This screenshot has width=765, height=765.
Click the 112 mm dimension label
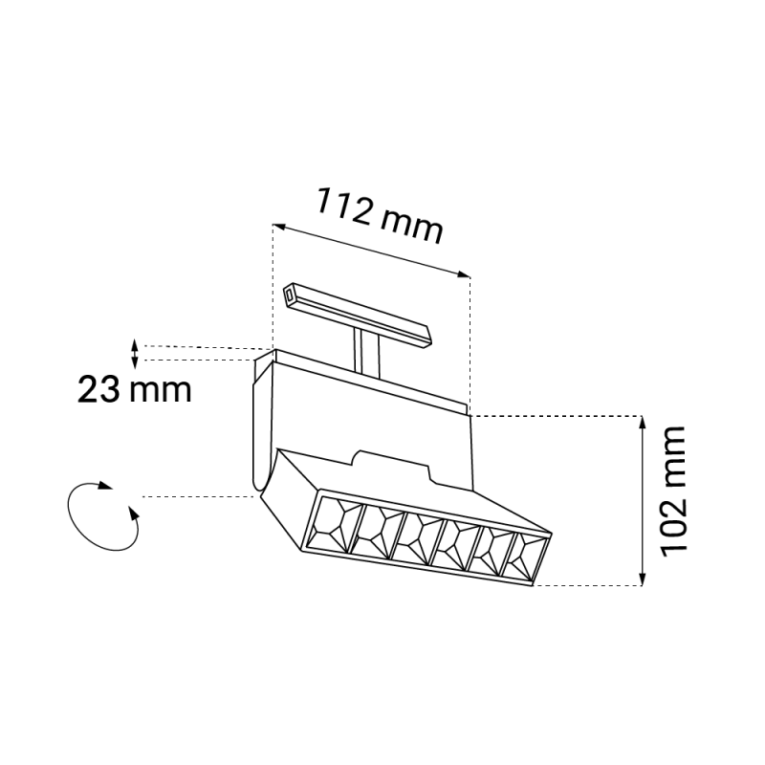pos(381,215)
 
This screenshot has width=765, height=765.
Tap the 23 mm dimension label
pos(135,389)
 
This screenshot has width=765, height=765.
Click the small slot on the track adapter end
pos(290,296)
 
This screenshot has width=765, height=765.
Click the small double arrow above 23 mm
pos(136,354)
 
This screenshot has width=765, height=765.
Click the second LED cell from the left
pos(375,530)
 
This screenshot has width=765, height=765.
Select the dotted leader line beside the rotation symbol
pos(196,496)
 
